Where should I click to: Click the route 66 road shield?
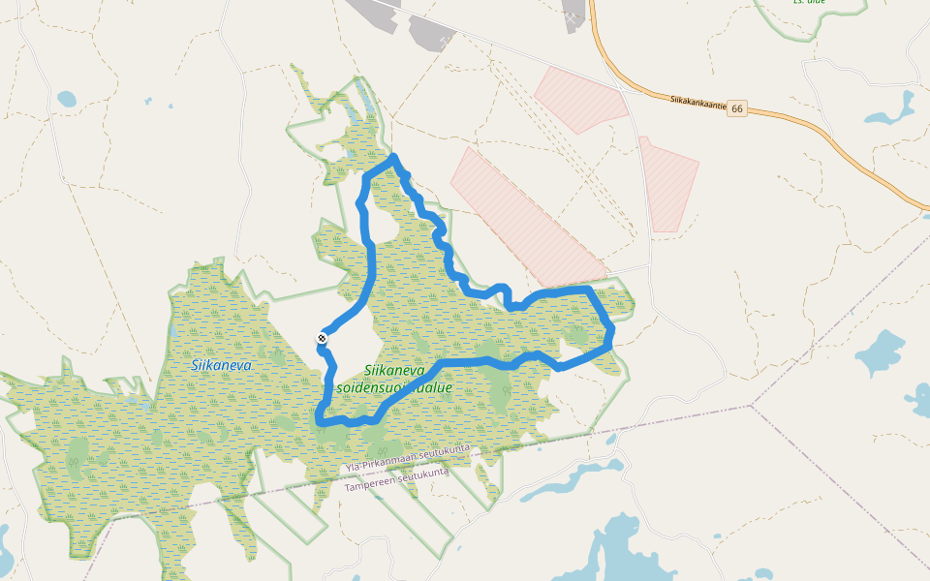(738, 108)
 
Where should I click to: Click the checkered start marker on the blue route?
(322, 338)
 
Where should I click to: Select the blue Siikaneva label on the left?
(221, 365)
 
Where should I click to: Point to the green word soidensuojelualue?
(394, 387)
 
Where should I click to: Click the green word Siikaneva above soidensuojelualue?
(394, 370)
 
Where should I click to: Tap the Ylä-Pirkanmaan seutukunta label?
(407, 459)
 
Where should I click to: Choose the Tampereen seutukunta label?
(396, 478)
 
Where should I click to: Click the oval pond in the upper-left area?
(66, 99)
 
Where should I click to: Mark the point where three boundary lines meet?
(753, 405)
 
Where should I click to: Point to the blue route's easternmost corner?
(610, 334)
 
